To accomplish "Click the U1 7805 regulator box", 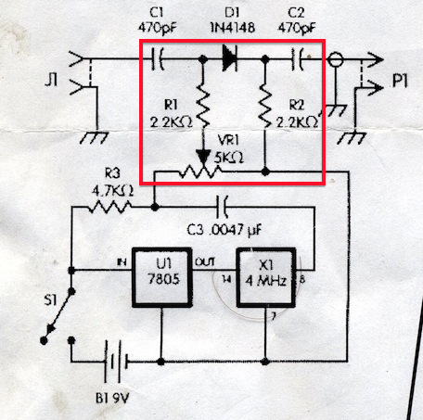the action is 162,277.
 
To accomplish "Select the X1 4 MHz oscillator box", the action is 266,277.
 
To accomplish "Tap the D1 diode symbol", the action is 230,57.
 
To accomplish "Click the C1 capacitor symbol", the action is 158,58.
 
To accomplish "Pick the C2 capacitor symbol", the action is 298,58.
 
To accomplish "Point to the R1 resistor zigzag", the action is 203,105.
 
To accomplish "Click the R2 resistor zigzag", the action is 265,105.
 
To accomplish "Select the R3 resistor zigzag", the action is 109,207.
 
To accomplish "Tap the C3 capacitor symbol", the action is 223,207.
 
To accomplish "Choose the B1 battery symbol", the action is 116,361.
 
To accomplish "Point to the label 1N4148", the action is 233,28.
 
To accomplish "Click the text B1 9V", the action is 111,398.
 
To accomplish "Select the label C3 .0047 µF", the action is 224,230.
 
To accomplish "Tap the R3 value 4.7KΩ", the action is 112,191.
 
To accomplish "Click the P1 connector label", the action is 400,81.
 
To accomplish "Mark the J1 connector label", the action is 51,81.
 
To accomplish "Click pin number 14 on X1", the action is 226,279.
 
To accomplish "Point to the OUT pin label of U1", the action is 205,262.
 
